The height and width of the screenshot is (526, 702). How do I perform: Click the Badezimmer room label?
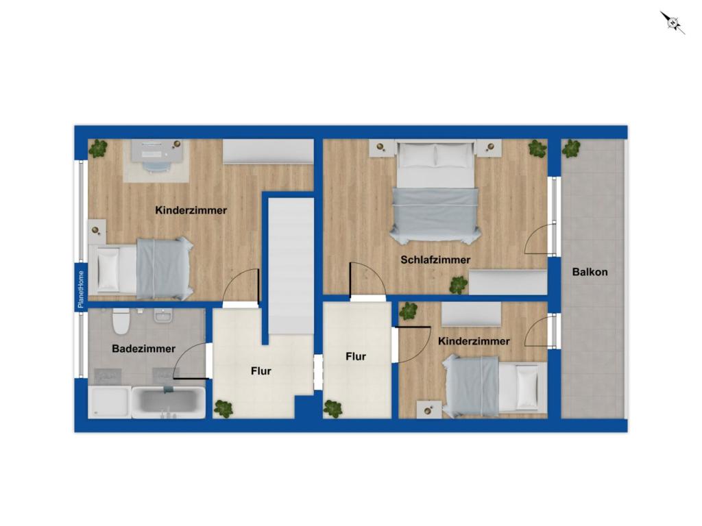144,349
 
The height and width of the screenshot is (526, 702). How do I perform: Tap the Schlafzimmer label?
435,260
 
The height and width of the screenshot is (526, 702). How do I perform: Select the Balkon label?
590,272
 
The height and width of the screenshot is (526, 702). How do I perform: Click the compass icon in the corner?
673,23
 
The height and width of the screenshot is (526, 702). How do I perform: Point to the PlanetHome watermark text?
81,290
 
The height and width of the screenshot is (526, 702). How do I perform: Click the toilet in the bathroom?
121,321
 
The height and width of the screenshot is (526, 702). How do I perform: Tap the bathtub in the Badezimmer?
169,403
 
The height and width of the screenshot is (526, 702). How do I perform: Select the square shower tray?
110,403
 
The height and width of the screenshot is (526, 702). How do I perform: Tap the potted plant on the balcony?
571,149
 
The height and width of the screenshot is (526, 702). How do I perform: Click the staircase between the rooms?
291,266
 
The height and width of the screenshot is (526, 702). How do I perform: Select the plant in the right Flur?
332,409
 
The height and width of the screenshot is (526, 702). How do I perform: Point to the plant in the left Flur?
223,409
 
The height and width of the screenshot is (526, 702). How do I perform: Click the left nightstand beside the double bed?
382,148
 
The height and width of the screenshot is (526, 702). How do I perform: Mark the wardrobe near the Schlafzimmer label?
508,282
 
